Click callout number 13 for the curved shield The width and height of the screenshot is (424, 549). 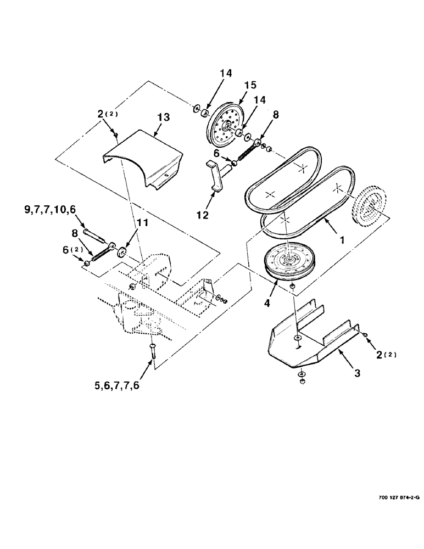[x=163, y=117]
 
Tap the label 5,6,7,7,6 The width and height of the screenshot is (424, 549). [x=117, y=385]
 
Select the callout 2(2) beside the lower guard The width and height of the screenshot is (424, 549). [x=385, y=355]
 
